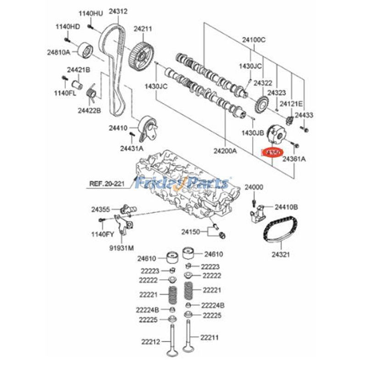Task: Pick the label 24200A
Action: click(x=226, y=150)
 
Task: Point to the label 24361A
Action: click(x=294, y=159)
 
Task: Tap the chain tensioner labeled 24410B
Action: click(x=257, y=212)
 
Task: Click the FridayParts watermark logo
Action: click(x=183, y=183)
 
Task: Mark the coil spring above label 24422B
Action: click(x=91, y=95)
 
